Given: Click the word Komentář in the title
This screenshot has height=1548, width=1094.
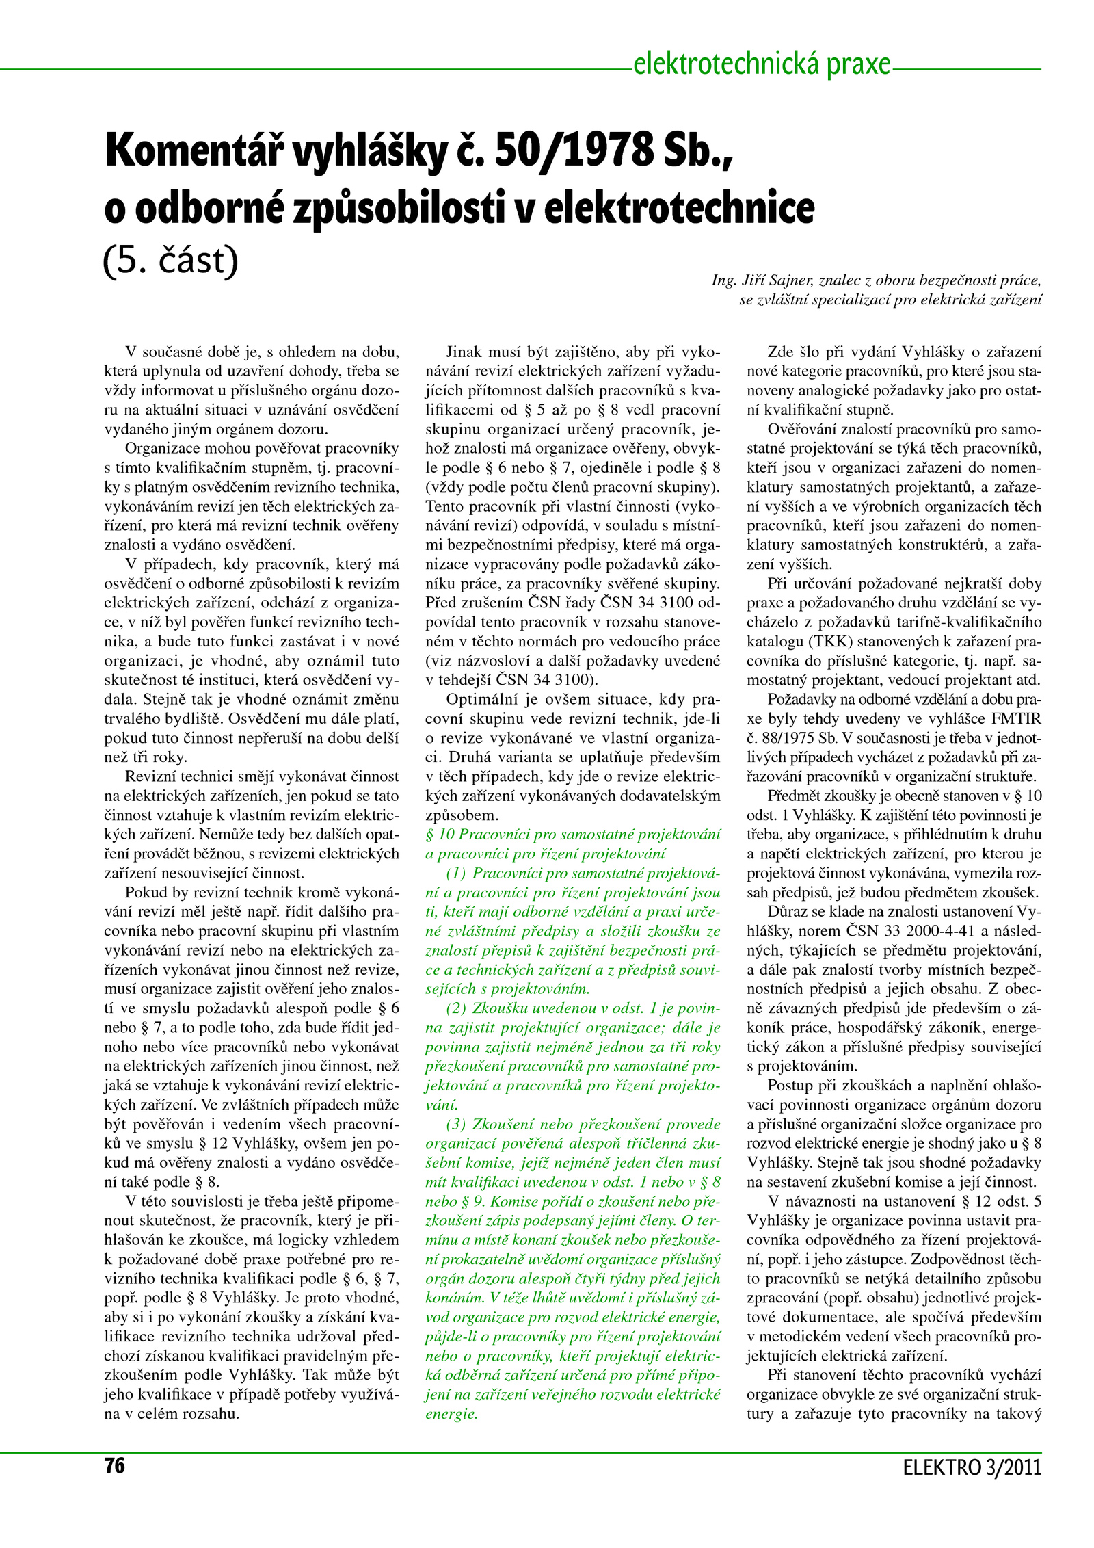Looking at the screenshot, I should [193, 152].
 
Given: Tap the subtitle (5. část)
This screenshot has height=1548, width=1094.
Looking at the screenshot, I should [170, 261].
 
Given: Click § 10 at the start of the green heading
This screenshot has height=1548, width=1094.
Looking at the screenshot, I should [440, 835].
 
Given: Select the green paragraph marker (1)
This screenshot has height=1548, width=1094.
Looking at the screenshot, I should [456, 873].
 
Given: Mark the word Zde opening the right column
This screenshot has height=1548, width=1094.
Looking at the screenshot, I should [780, 352].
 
